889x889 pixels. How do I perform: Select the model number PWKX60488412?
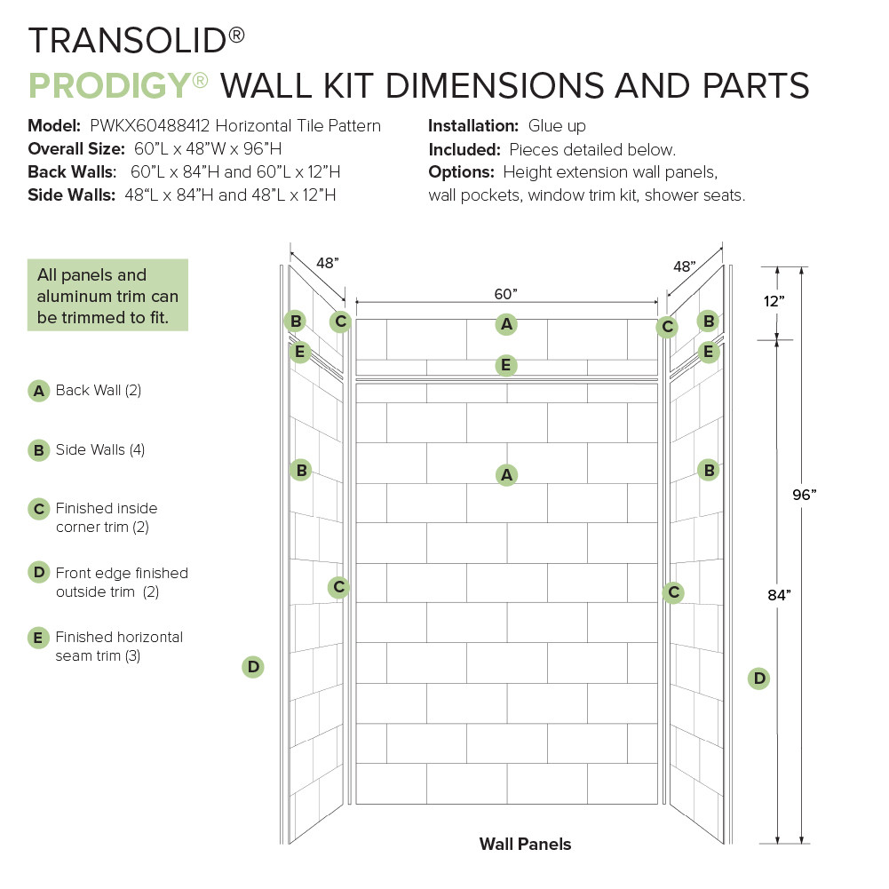pos(149,126)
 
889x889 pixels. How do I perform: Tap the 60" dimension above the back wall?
pos(505,294)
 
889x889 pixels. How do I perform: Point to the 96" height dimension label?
pos(804,496)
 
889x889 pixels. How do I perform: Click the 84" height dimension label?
pos(778,596)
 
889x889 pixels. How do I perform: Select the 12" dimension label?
pos(774,301)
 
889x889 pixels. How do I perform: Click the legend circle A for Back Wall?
pos(38,391)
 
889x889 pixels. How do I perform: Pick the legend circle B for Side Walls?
pos(38,450)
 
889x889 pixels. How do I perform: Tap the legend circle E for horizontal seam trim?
pos(38,638)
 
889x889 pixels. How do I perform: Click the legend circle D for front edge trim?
pos(38,573)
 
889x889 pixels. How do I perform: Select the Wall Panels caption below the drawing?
pos(525,844)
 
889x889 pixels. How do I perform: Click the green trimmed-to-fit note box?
pos(107,295)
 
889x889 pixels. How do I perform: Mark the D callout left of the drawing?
pos(253,666)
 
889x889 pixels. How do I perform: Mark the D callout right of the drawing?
pos(758,679)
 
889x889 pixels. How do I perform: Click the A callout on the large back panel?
pos(506,475)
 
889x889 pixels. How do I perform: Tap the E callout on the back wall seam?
pos(505,365)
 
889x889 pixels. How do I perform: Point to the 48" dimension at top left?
pos(327,263)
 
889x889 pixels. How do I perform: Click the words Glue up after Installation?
pos(557,126)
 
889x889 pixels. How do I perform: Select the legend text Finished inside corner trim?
pos(106,517)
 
